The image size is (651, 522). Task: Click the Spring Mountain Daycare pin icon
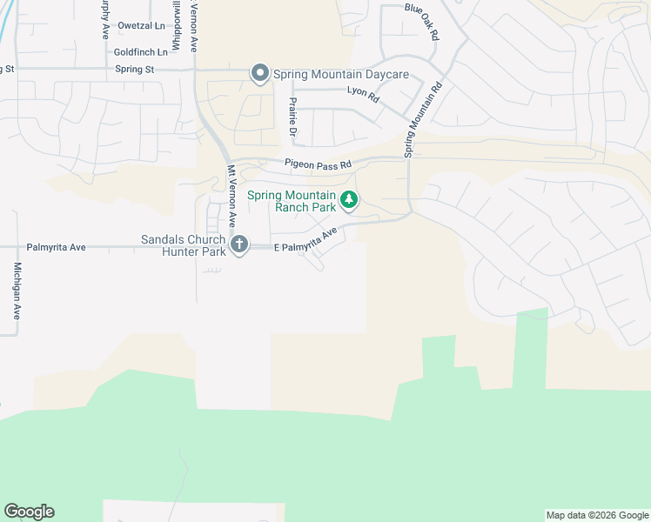point(259,74)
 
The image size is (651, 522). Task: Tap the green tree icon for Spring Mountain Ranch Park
point(348,201)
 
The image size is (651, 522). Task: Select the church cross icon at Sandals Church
point(238,245)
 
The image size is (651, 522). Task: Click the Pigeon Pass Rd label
point(318,164)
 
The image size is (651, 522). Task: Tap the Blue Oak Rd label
point(422,18)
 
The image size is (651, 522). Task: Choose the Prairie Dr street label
point(292,119)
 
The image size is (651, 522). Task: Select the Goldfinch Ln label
point(140,52)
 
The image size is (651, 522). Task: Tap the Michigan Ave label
point(17,291)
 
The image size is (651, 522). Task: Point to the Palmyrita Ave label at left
point(56,247)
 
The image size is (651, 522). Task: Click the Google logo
point(29,512)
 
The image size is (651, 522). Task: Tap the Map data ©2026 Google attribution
point(597,515)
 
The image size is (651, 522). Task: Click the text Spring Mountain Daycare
point(341,74)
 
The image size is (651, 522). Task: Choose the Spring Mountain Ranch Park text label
point(292,201)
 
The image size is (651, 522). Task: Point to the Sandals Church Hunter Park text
point(184,245)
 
